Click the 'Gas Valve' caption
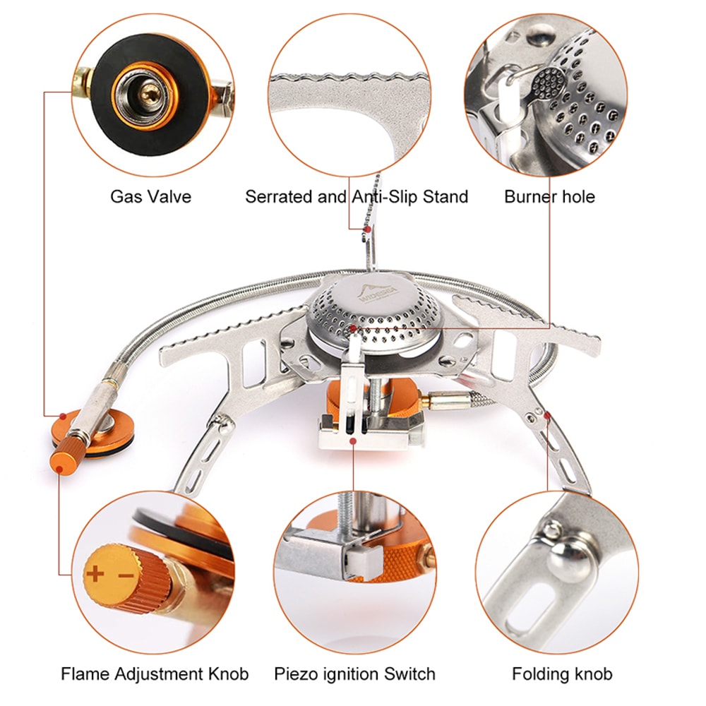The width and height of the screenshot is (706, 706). (150, 196)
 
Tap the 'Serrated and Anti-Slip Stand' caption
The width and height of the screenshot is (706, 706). (357, 196)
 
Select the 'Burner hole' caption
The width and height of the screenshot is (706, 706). (549, 196)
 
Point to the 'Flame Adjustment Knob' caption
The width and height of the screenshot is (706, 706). (154, 674)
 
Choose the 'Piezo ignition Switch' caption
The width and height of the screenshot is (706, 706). (354, 674)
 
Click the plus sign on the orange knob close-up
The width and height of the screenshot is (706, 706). (94, 573)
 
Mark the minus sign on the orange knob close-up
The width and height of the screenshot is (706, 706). (125, 575)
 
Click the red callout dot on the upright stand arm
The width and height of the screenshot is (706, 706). (366, 228)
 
